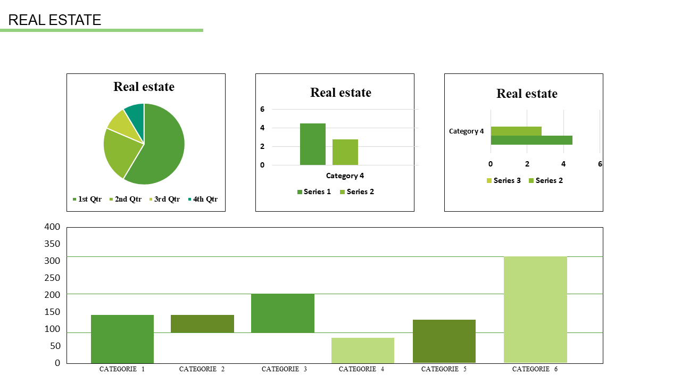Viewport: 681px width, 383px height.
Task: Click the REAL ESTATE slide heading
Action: tap(55, 20)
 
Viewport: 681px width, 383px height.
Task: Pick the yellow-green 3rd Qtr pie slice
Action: tap(119, 123)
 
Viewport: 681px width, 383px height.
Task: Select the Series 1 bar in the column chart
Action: tap(313, 144)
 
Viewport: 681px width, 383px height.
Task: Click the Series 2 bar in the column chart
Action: tap(345, 152)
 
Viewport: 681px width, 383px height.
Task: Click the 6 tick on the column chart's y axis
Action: tap(262, 109)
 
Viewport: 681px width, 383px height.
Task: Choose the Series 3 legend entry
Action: tap(503, 180)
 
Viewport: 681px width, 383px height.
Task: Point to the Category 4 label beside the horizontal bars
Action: tap(467, 131)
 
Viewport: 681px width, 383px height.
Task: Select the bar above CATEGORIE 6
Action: tap(535, 310)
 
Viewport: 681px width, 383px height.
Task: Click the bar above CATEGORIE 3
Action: tap(283, 313)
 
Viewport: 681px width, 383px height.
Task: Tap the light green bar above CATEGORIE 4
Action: tap(363, 350)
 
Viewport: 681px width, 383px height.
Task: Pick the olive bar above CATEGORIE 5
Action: tap(444, 341)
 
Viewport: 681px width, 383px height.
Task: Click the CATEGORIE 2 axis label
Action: tap(202, 369)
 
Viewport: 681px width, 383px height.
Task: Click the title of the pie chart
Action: tap(144, 87)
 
